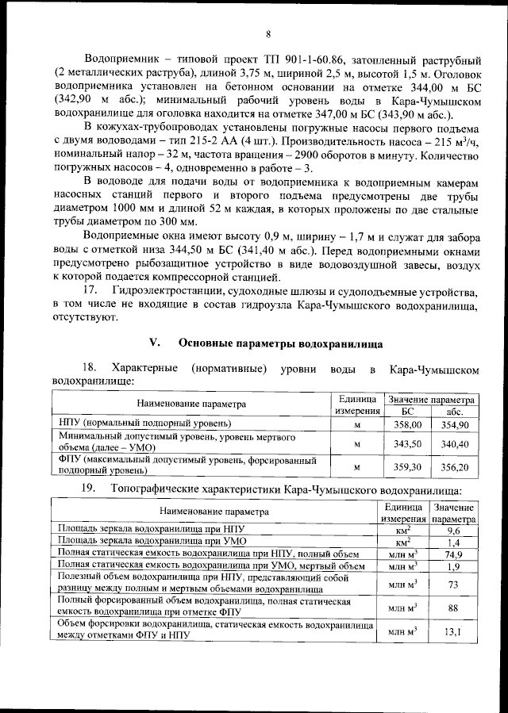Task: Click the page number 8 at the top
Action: (x=268, y=34)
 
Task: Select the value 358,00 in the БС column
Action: (x=407, y=425)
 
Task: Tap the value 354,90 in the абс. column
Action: (x=455, y=425)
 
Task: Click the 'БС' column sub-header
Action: (x=407, y=412)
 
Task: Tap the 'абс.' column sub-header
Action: (x=455, y=412)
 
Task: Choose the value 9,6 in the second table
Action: (x=454, y=530)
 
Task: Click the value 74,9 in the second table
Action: (x=454, y=554)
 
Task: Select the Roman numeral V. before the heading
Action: (x=155, y=344)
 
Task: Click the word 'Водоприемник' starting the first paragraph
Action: (x=122, y=59)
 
